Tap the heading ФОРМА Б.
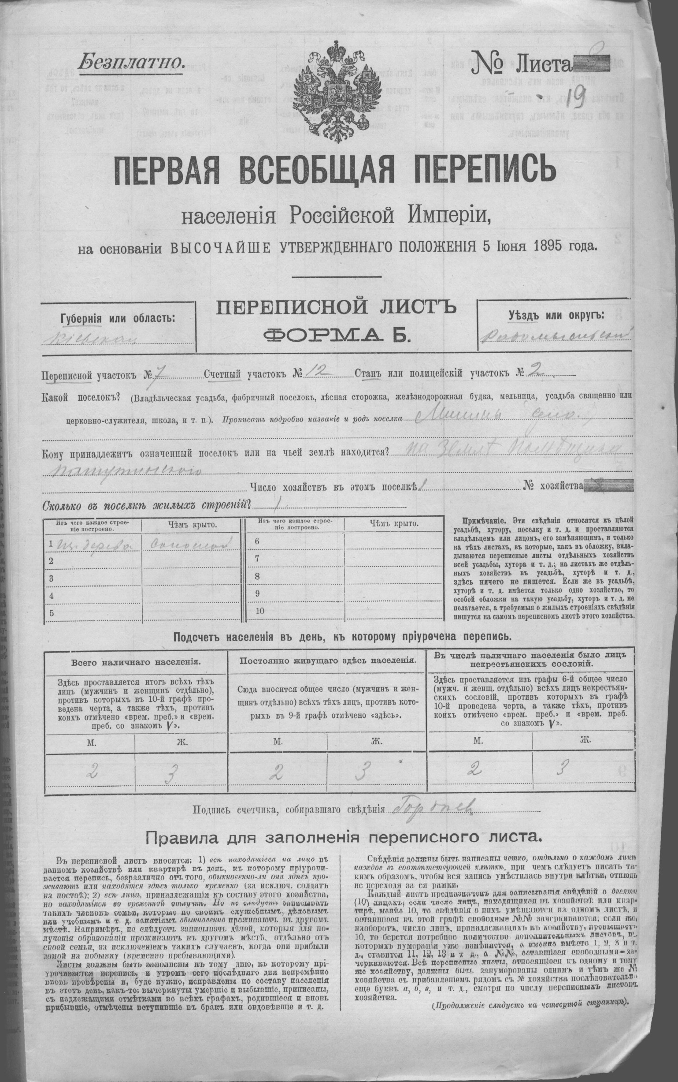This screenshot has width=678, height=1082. click(x=337, y=335)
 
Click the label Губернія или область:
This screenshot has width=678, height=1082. click(x=118, y=318)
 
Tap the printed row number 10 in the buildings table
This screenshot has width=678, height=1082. click(x=259, y=611)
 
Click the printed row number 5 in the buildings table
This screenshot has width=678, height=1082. click(x=52, y=613)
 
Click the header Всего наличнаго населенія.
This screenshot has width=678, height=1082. click(x=134, y=662)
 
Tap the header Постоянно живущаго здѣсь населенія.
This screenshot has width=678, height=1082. click(x=327, y=661)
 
